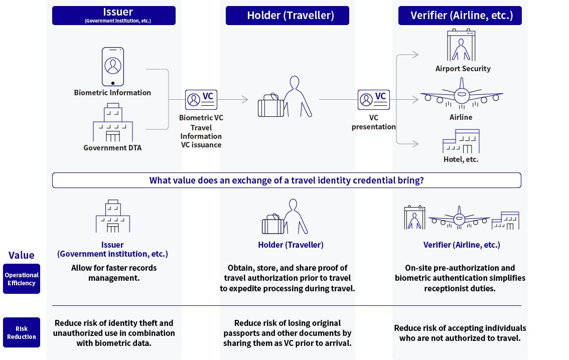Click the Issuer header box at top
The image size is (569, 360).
[113, 16]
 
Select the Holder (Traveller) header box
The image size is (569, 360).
[287, 16]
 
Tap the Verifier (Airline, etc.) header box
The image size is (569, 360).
[460, 16]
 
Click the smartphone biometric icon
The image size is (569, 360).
[113, 67]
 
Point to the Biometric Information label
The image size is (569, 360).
[112, 92]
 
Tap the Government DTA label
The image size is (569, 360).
[112, 147]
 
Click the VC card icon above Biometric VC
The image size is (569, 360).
[201, 100]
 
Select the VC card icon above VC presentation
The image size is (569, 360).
[374, 100]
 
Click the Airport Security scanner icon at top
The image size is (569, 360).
[462, 46]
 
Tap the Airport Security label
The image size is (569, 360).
[463, 69]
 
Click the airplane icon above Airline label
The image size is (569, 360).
[461, 94]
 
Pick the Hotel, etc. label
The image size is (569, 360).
[461, 159]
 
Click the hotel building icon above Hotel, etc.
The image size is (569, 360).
[461, 141]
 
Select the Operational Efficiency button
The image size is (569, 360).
[22, 279]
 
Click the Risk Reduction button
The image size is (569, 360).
[22, 333]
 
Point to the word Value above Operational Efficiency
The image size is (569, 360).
[22, 255]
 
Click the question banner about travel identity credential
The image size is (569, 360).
[287, 181]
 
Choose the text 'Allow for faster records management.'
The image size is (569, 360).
[113, 273]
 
